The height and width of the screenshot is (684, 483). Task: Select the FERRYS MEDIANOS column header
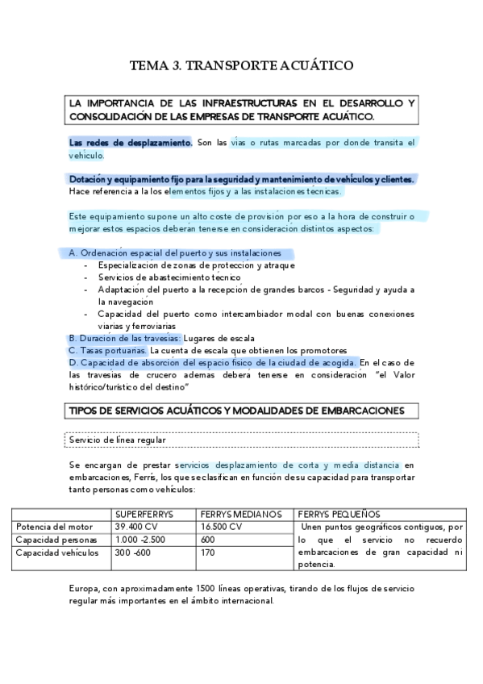(240, 514)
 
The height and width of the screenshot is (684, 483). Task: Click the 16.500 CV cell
(221, 527)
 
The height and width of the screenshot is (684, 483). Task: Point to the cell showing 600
(208, 540)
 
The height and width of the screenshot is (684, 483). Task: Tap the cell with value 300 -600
(133, 553)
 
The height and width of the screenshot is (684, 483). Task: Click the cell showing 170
(207, 553)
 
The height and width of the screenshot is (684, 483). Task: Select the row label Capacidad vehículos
(57, 553)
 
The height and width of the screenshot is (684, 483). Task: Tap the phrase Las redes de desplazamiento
(130, 143)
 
